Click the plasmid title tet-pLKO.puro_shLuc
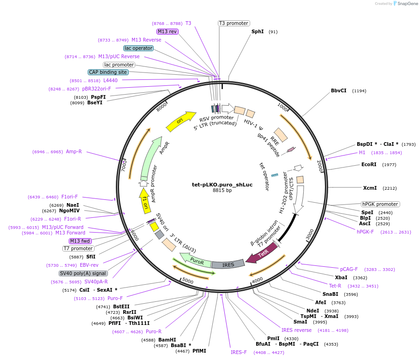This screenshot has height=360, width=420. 222,185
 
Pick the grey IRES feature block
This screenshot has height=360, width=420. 228,264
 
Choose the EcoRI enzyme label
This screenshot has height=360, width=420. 369,164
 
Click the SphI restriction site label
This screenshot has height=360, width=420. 258,32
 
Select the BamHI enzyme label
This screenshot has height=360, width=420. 167,340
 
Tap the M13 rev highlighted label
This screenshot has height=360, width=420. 167,31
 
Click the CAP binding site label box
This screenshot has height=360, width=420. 108,72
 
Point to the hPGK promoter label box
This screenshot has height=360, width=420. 380,204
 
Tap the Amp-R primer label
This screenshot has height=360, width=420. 74,151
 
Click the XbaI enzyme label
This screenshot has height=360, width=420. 341,277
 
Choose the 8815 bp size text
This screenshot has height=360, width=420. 222,190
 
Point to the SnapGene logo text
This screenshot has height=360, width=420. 405,4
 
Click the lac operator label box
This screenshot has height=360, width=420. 138,48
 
